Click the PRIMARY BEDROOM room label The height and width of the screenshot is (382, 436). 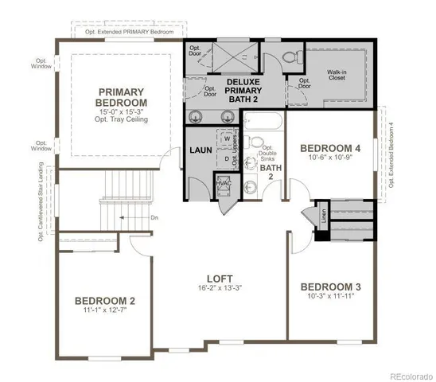tap(122, 97)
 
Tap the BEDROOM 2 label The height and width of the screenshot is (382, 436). tap(104, 301)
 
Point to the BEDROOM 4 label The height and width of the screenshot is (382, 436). tap(330, 148)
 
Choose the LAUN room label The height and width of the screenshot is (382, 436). tap(199, 150)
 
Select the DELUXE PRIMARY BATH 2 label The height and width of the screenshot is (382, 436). tap(244, 91)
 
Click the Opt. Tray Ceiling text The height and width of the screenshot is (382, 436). tap(122, 119)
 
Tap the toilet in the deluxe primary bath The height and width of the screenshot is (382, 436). tap(288, 57)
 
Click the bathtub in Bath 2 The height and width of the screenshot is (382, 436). tap(263, 122)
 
